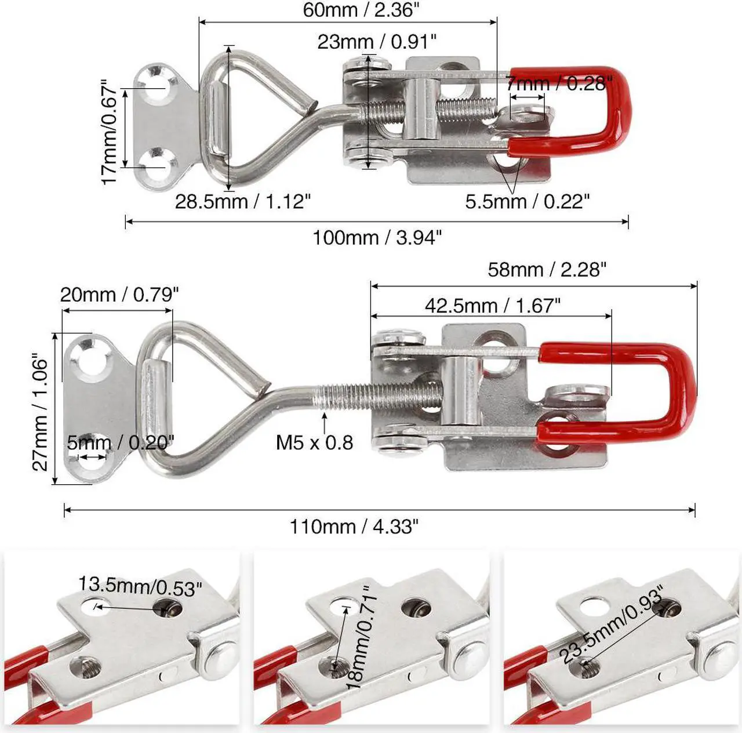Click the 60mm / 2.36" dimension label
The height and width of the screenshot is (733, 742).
tap(360, 10)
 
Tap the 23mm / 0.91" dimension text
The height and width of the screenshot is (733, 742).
tap(377, 41)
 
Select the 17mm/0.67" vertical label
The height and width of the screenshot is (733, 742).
tap(110, 132)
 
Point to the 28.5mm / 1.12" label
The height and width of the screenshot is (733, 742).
tap(242, 201)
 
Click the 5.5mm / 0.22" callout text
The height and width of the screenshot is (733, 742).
tap(528, 201)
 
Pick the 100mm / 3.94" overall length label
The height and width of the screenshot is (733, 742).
tap(377, 237)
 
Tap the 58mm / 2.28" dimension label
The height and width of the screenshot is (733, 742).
tap(547, 270)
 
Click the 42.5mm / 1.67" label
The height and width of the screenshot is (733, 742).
tap(493, 306)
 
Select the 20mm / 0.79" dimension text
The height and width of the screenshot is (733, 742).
tap(119, 295)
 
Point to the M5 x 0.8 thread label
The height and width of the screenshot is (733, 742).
tap(314, 442)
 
